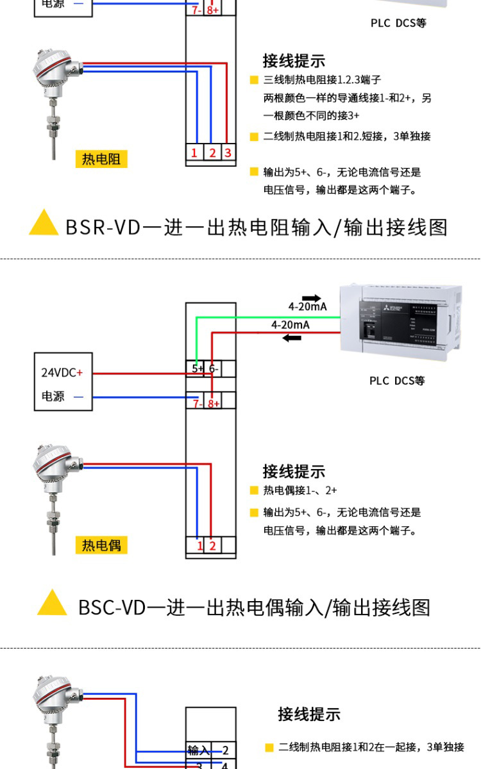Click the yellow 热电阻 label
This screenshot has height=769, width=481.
[101, 159]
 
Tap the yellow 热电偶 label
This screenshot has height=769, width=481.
[101, 545]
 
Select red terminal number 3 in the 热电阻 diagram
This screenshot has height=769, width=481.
[228, 153]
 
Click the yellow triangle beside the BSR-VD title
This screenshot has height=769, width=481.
[44, 222]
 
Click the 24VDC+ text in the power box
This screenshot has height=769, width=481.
[62, 372]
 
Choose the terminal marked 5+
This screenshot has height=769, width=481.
[198, 368]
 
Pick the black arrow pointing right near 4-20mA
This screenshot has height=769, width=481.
[312, 297]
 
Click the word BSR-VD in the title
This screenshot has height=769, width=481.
[103, 227]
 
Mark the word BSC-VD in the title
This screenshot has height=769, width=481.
[112, 607]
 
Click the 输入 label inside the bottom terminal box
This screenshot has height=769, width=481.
[198, 750]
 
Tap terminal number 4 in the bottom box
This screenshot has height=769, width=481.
[225, 765]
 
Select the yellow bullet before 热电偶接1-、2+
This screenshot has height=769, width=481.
[254, 491]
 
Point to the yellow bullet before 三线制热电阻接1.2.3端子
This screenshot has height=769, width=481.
[254, 80]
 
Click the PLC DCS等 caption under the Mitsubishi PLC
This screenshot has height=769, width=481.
[397, 381]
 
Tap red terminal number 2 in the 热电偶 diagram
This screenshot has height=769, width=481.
[212, 545]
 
